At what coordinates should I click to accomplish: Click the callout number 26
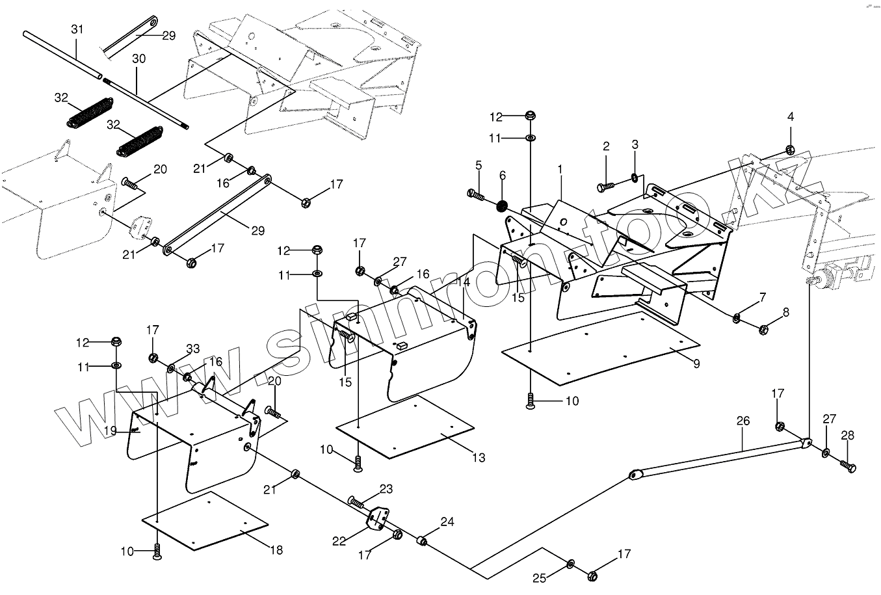pos(743,421)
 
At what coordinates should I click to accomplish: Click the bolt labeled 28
pos(847,466)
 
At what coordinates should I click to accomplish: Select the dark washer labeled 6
pos(502,206)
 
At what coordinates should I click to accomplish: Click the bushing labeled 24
pos(422,540)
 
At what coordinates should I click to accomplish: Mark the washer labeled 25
pos(570,562)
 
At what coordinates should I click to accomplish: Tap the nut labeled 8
pos(764,330)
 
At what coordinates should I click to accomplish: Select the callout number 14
pos(463,282)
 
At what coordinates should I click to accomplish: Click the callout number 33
pos(193,349)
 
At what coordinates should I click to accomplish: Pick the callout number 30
pos(138,59)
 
